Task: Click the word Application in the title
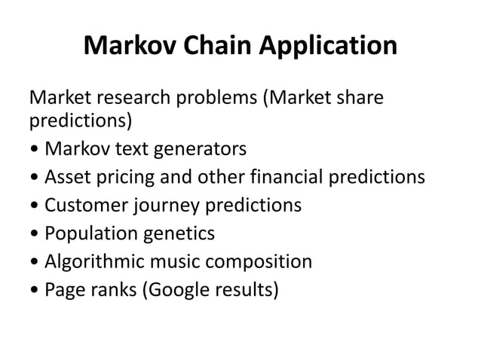click(x=329, y=47)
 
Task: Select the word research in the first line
click(x=130, y=98)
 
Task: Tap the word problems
click(x=214, y=98)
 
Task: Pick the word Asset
click(x=67, y=177)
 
